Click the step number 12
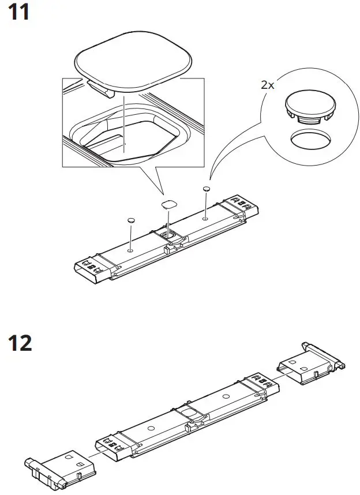pyautogui.click(x=20, y=343)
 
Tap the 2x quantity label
pyautogui.click(x=268, y=84)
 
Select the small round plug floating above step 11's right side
pyautogui.click(x=206, y=189)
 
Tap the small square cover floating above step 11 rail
pyautogui.click(x=169, y=204)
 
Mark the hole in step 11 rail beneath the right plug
pyautogui.click(x=205, y=219)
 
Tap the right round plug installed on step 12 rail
pyautogui.click(x=225, y=396)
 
